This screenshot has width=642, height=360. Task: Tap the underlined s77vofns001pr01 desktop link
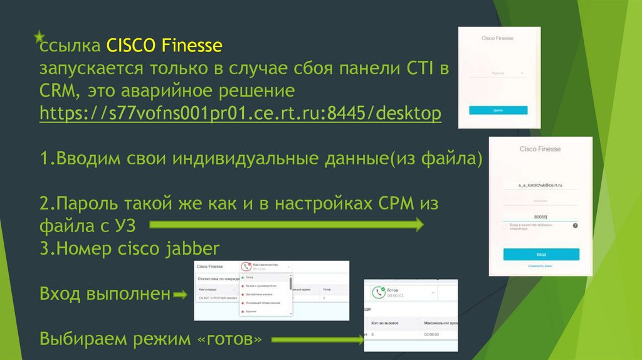coord(240,114)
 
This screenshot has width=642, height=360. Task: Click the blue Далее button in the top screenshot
coord(498,110)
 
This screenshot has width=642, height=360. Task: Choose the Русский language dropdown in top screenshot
coord(499,73)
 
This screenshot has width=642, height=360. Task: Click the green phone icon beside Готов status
coord(378,293)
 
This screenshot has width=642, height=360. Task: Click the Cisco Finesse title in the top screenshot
coord(497,39)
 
